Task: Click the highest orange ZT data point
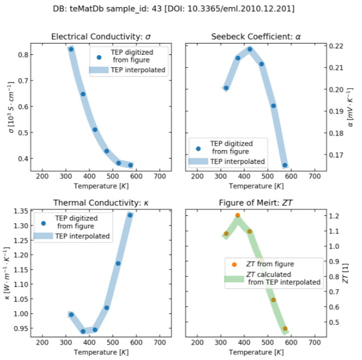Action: pyautogui.click(x=238, y=215)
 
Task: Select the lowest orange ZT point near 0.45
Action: pyautogui.click(x=285, y=328)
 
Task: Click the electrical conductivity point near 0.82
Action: pyautogui.click(x=71, y=49)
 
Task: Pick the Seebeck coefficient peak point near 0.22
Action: pyautogui.click(x=250, y=49)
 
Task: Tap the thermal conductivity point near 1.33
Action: pyautogui.click(x=130, y=215)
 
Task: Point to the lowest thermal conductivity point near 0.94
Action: pyautogui.click(x=83, y=331)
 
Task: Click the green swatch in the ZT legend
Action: pyautogui.click(x=233, y=278)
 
